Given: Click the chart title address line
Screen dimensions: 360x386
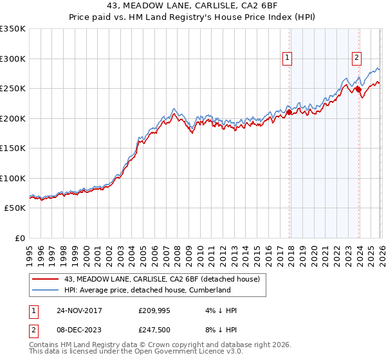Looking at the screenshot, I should [x=193, y=7].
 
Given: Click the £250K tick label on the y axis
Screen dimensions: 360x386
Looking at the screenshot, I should [x=13, y=89].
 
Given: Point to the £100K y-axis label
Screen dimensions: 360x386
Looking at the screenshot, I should [x=13, y=179].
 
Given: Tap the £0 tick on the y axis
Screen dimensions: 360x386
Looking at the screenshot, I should [x=19, y=239].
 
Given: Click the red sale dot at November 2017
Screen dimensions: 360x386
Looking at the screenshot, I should [x=289, y=112].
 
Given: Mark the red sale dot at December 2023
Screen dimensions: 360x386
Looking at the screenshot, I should [x=358, y=89].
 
